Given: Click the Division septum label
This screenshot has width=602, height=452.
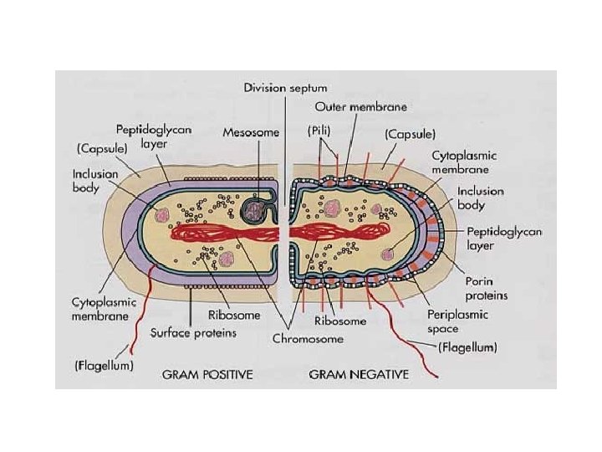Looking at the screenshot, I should tap(285, 87).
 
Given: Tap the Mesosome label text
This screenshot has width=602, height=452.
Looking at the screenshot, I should tap(246, 132).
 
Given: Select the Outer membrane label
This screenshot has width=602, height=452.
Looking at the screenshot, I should tap(362, 107).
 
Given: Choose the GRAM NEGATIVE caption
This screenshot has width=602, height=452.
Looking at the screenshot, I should tap(360, 373).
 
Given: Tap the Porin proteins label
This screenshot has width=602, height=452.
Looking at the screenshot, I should tap(489, 288).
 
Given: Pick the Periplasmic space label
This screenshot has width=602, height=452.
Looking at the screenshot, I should tap(482, 322).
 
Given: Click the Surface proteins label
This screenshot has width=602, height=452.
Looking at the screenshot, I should tap(194, 332).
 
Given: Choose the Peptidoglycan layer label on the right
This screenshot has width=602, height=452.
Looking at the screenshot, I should tap(493, 239).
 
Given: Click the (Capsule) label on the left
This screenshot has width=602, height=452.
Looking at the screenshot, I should tap(101, 147).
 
